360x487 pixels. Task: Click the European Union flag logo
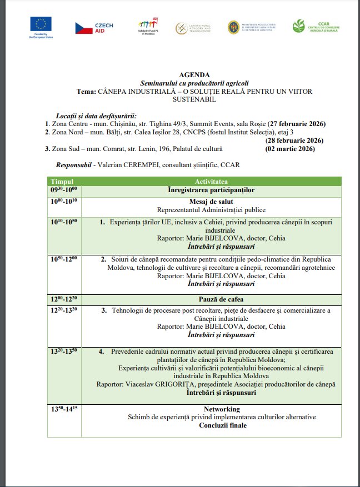tap(42, 24)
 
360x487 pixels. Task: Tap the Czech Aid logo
tap(94, 28)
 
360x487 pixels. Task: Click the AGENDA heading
tap(195, 74)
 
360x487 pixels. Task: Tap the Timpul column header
tap(62, 182)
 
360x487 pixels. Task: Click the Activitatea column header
tap(211, 182)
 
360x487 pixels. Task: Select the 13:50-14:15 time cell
tap(64, 409)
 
